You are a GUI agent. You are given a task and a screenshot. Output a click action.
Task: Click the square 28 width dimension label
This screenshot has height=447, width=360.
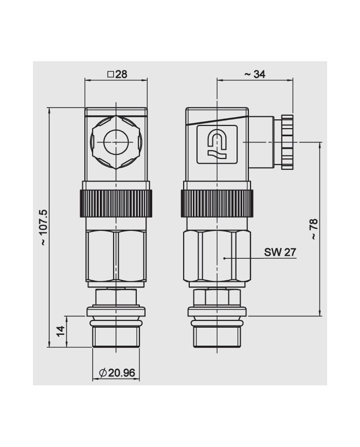point(117,74)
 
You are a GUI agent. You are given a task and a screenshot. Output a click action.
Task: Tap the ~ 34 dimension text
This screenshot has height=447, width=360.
point(255,74)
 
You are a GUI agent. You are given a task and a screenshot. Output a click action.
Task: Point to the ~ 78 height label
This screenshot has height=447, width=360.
point(313,229)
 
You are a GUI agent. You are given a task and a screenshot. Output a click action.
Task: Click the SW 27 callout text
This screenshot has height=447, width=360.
point(280,252)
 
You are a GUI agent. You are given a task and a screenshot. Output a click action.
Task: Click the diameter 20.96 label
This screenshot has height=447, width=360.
point(116,373)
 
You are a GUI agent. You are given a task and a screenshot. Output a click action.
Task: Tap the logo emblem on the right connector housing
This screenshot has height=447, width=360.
point(217,144)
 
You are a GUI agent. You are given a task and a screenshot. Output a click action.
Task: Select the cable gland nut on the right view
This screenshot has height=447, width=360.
point(286,141)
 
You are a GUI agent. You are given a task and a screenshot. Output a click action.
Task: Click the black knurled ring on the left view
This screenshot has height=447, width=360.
point(116,203)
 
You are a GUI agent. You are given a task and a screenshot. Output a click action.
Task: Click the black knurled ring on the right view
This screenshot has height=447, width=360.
point(217,203)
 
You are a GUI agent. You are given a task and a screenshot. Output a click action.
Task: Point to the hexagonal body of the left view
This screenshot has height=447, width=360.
point(116,256)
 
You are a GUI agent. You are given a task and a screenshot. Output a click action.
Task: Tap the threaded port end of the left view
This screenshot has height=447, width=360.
point(116,337)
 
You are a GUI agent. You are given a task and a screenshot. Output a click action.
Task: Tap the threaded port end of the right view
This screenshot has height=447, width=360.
point(217,337)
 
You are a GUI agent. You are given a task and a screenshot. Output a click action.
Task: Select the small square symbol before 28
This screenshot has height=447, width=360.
point(110,74)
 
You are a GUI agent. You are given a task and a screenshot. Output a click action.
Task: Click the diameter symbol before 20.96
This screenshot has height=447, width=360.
point(102,373)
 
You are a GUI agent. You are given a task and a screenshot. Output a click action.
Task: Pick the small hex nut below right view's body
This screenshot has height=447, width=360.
point(217,297)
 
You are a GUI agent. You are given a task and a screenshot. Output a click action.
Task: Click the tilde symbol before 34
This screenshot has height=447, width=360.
point(247,75)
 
